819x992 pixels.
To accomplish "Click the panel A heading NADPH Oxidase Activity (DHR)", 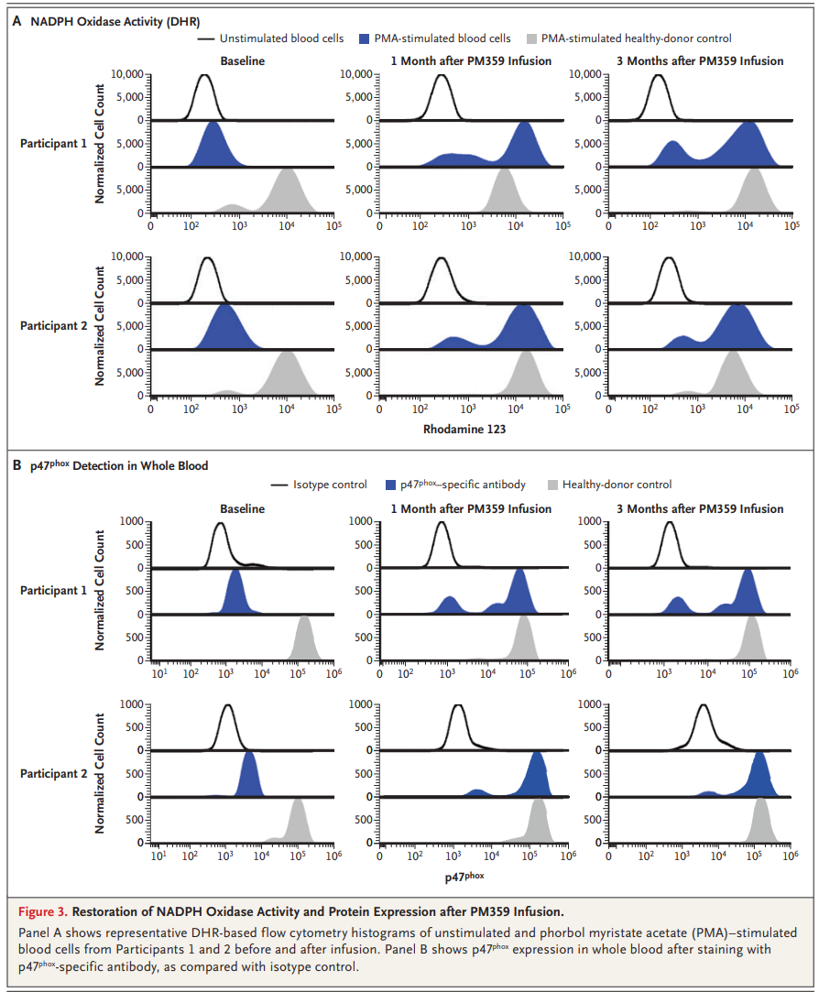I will point(115,20).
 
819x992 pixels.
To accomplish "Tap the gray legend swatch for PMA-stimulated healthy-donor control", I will point(531,38).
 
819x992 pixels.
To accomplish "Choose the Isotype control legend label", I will point(330,485).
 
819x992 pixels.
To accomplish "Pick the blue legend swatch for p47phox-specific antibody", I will point(393,485).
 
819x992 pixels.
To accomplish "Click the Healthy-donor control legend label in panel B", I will point(617,485).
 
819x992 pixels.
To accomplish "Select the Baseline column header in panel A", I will point(242,61).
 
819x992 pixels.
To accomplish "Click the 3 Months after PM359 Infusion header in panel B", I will point(700,508).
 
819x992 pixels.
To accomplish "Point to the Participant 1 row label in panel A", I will point(53,144).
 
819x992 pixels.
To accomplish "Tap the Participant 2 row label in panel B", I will point(53,774).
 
